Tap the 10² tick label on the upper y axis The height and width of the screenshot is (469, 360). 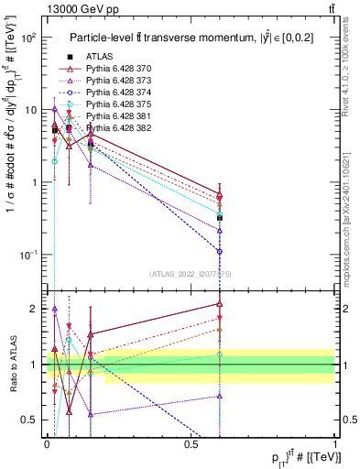tap(27, 38)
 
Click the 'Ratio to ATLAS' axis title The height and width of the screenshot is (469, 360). tap(12, 365)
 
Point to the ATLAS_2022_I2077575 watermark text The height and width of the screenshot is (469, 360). tap(191, 273)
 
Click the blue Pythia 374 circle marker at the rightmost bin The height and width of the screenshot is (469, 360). tap(220, 251)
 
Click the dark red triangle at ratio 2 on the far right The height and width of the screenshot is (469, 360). tap(220, 303)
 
